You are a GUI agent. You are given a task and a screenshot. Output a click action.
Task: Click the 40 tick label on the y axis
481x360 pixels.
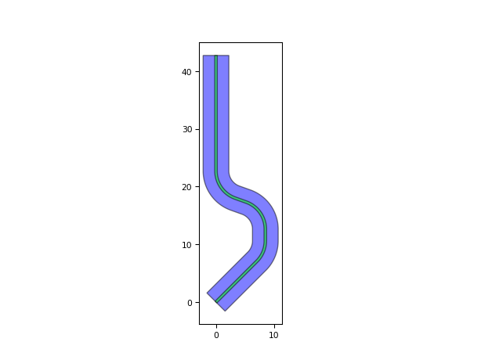(x=187, y=72)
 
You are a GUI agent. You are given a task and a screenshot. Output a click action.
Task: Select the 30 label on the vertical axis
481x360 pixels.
(x=187, y=130)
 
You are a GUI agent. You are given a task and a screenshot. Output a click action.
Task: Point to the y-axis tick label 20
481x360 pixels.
(x=187, y=187)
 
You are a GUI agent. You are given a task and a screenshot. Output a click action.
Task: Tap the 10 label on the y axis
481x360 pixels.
(x=187, y=245)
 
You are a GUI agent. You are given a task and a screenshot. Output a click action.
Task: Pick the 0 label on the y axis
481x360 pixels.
(x=190, y=303)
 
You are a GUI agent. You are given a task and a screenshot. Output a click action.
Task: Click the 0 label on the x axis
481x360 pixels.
(x=216, y=336)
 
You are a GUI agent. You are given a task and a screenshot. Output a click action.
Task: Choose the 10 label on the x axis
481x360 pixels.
(x=273, y=336)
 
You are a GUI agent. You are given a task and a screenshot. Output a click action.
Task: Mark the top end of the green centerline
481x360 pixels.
(x=216, y=56)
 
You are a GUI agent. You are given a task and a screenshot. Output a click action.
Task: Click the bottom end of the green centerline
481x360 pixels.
(x=216, y=302)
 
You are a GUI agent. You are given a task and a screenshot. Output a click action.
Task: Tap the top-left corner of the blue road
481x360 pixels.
(x=204, y=56)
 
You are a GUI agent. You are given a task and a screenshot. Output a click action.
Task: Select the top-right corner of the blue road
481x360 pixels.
(x=229, y=56)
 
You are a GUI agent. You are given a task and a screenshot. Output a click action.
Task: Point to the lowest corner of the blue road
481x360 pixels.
(x=226, y=311)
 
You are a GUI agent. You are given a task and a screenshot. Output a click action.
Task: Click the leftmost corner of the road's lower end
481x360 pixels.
(x=207, y=293)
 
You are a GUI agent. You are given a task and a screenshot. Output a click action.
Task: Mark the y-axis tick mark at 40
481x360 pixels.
(x=198, y=72)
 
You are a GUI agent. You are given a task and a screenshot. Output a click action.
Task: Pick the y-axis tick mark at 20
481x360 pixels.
(x=198, y=187)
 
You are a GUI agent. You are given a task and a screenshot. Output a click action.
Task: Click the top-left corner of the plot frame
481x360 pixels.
(x=200, y=43)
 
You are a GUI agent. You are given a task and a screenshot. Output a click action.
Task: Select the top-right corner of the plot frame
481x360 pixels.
(x=282, y=43)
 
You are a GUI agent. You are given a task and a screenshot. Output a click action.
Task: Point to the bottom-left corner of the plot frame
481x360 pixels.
(x=200, y=324)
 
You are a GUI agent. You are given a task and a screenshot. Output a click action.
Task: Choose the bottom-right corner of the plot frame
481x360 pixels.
(x=282, y=324)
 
